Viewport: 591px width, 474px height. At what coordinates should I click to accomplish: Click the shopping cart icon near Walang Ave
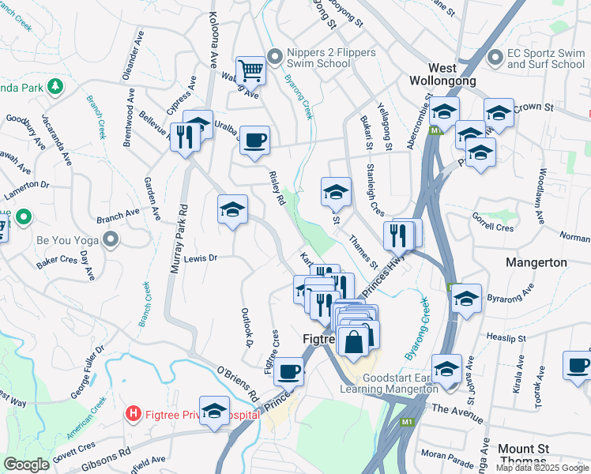(250, 70)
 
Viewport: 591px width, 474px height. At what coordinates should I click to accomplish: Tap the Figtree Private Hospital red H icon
(134, 413)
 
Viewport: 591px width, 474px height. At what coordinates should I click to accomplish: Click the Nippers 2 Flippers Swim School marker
(275, 56)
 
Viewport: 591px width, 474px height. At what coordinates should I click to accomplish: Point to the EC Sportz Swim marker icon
(495, 57)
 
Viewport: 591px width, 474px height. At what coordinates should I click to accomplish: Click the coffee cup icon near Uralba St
(254, 141)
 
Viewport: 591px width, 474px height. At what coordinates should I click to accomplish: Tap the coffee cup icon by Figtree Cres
(288, 370)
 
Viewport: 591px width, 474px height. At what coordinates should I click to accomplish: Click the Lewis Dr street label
(200, 258)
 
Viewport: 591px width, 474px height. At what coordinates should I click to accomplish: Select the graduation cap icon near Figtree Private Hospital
(213, 410)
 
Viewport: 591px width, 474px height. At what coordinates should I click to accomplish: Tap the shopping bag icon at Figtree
(355, 340)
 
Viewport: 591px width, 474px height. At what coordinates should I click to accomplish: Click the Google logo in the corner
(27, 465)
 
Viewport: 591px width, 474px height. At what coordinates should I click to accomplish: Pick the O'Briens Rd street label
(238, 382)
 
